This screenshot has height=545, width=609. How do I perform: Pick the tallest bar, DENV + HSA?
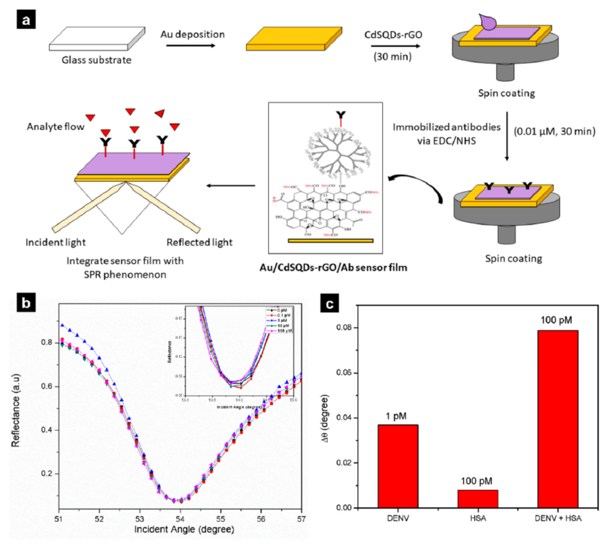coord(558,419)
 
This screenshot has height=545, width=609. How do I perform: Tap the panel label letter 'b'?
coord(26,303)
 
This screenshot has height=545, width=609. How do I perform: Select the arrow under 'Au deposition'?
coord(191,46)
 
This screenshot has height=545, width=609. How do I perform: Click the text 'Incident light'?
coord(56,242)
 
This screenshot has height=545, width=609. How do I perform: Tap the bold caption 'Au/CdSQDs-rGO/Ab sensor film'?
coord(333,267)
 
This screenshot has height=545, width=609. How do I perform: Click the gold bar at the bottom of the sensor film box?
coord(331,240)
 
